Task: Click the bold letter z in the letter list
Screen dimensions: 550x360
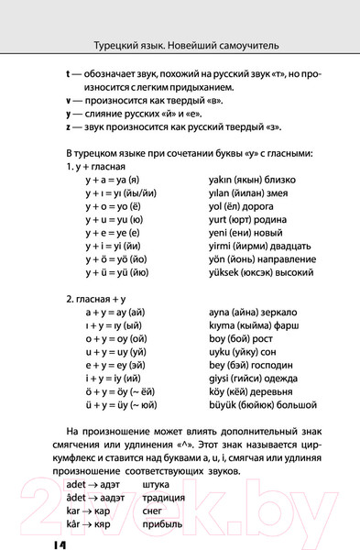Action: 70,125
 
